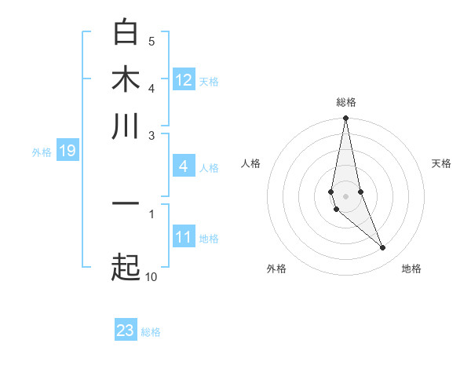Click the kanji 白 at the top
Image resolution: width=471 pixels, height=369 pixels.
click(x=126, y=32)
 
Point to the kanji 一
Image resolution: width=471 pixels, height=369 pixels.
click(x=126, y=203)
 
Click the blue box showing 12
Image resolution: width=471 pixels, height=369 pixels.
click(x=184, y=80)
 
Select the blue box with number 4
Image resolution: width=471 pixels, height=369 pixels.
click(x=184, y=166)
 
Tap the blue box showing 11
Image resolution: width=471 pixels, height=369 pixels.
click(x=184, y=237)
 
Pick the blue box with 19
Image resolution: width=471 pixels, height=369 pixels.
click(x=68, y=151)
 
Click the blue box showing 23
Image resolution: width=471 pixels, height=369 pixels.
click(x=126, y=331)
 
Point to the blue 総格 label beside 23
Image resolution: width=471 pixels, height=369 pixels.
click(x=151, y=332)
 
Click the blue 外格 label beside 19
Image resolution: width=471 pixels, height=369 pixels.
click(x=41, y=152)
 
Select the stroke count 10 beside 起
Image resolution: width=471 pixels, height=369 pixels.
click(x=151, y=277)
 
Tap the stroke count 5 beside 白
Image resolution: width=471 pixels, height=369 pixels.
click(x=152, y=41)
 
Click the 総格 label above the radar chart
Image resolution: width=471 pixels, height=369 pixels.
click(x=345, y=102)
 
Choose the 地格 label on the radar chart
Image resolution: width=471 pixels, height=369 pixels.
click(x=411, y=269)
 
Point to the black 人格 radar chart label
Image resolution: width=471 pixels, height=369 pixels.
click(x=251, y=163)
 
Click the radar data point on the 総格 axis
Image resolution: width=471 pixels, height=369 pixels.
click(x=345, y=119)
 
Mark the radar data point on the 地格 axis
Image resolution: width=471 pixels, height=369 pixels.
click(x=383, y=248)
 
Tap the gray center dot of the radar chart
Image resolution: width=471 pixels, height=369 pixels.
click(x=345, y=195)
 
